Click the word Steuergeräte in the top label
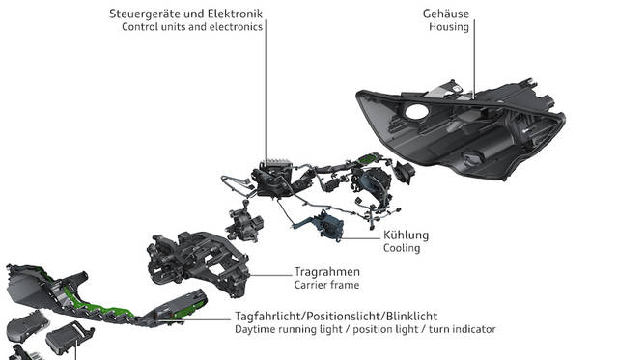(x=145, y=14)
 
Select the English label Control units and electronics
(x=192, y=27)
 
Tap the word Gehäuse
(x=446, y=14)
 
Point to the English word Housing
(x=449, y=27)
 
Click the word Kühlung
(x=406, y=235)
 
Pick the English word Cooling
(x=402, y=248)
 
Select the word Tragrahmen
(x=326, y=272)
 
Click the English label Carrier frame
(x=326, y=285)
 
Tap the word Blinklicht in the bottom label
(x=411, y=317)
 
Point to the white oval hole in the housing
(x=416, y=111)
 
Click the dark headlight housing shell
(x=462, y=130)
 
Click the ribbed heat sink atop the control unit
(x=278, y=162)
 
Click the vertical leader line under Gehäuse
(x=474, y=58)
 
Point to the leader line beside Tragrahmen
(x=270, y=275)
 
